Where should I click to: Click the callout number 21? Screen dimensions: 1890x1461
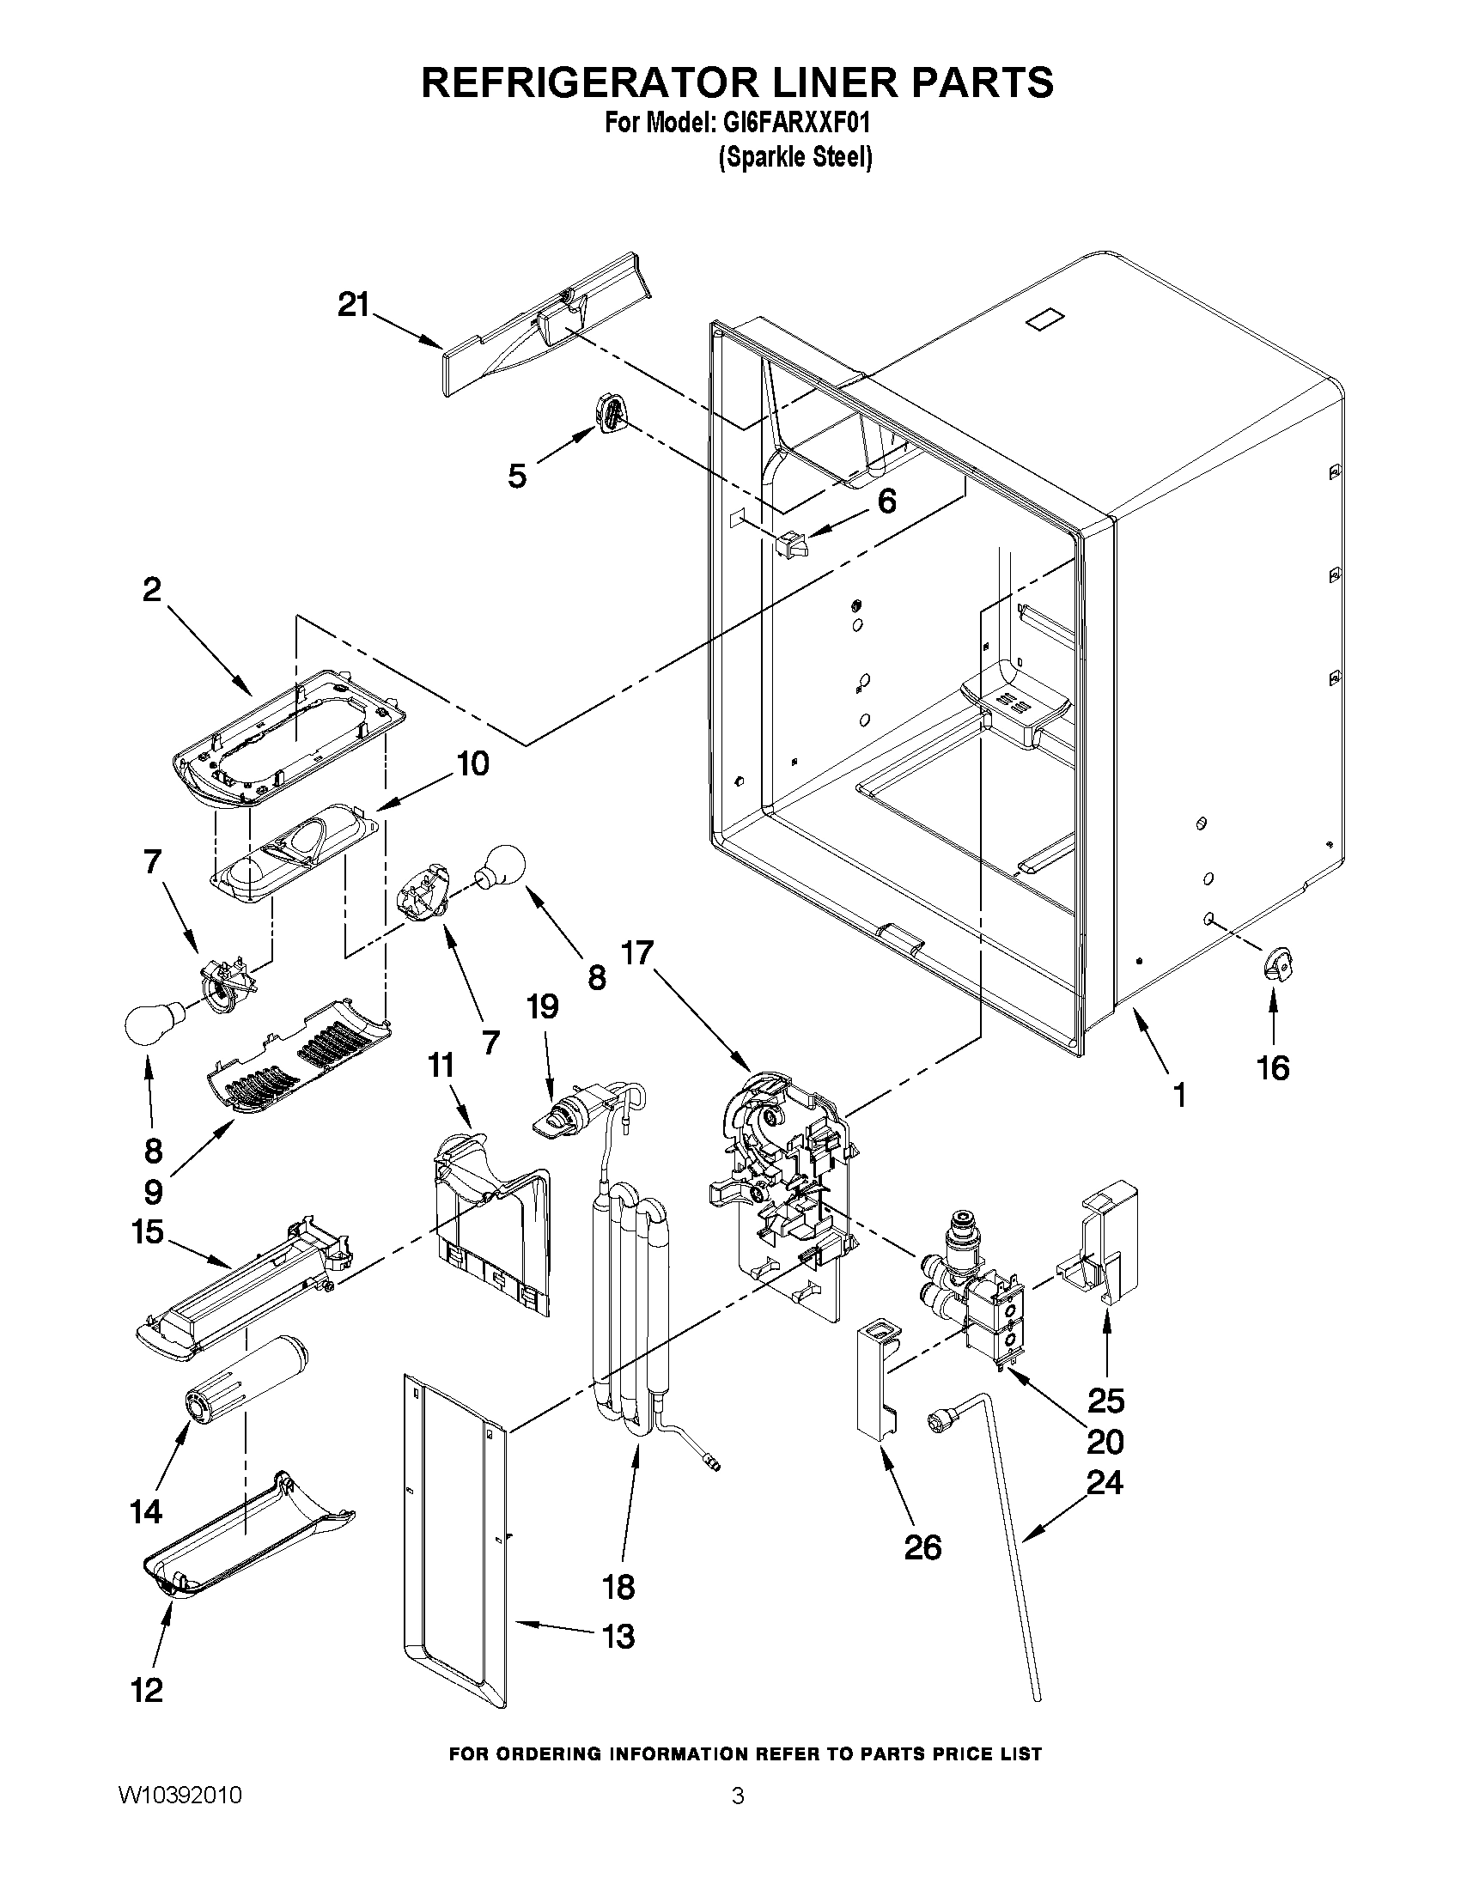353,306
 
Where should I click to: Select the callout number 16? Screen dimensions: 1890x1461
1272,1068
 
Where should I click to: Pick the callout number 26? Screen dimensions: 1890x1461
922,1547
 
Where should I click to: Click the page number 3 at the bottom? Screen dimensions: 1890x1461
738,1796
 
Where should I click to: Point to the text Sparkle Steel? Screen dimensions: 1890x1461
794,157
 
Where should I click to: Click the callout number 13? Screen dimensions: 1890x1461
618,1636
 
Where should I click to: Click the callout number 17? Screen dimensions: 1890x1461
637,954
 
